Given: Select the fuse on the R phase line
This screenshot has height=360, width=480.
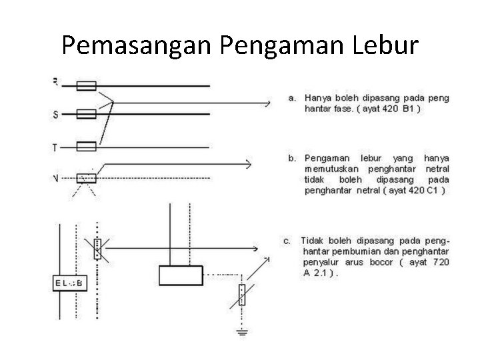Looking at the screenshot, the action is pyautogui.click(x=87, y=85).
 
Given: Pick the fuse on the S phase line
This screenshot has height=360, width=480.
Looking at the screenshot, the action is pyautogui.click(x=87, y=115).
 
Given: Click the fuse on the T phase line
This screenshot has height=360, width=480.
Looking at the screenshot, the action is pyautogui.click(x=87, y=146).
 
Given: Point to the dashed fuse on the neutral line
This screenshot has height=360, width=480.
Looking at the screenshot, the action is pyautogui.click(x=87, y=178).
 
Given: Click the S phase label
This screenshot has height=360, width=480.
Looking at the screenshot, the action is pyautogui.click(x=55, y=115).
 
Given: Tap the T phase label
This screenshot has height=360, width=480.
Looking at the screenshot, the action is pyautogui.click(x=55, y=146).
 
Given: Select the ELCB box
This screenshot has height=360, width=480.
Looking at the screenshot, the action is pyautogui.click(x=69, y=283).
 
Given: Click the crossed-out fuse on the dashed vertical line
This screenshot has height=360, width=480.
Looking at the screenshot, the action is pyautogui.click(x=98, y=248).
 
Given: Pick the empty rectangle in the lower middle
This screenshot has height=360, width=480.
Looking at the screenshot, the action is pyautogui.click(x=180, y=274).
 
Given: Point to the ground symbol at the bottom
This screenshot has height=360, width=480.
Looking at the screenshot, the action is pyautogui.click(x=241, y=331).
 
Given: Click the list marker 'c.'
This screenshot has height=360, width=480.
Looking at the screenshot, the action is pyautogui.click(x=287, y=241).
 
